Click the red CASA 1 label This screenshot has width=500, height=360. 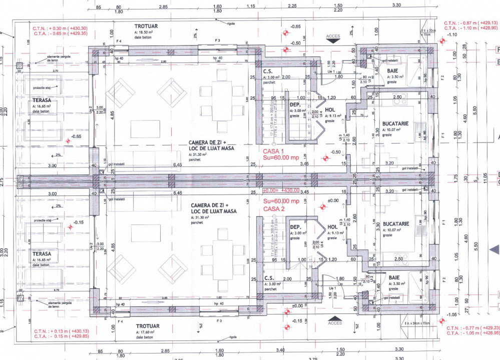pyautogui.click(x=273, y=151)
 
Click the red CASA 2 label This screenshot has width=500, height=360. pyautogui.click(x=273, y=208)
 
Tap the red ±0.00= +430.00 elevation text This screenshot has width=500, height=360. pyautogui.click(x=281, y=190)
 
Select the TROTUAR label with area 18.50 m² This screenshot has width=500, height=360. pyautogui.click(x=147, y=25)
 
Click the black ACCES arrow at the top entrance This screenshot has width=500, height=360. pyautogui.click(x=333, y=43)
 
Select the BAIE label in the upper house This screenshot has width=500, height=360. pyautogui.click(x=392, y=71)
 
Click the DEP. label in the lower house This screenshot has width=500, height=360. pyautogui.click(x=295, y=227)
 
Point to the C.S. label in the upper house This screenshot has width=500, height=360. pyautogui.click(x=268, y=71)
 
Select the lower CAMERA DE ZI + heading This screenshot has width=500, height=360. pyautogui.click(x=209, y=205)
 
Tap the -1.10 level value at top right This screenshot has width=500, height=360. pyautogui.click(x=452, y=35)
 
